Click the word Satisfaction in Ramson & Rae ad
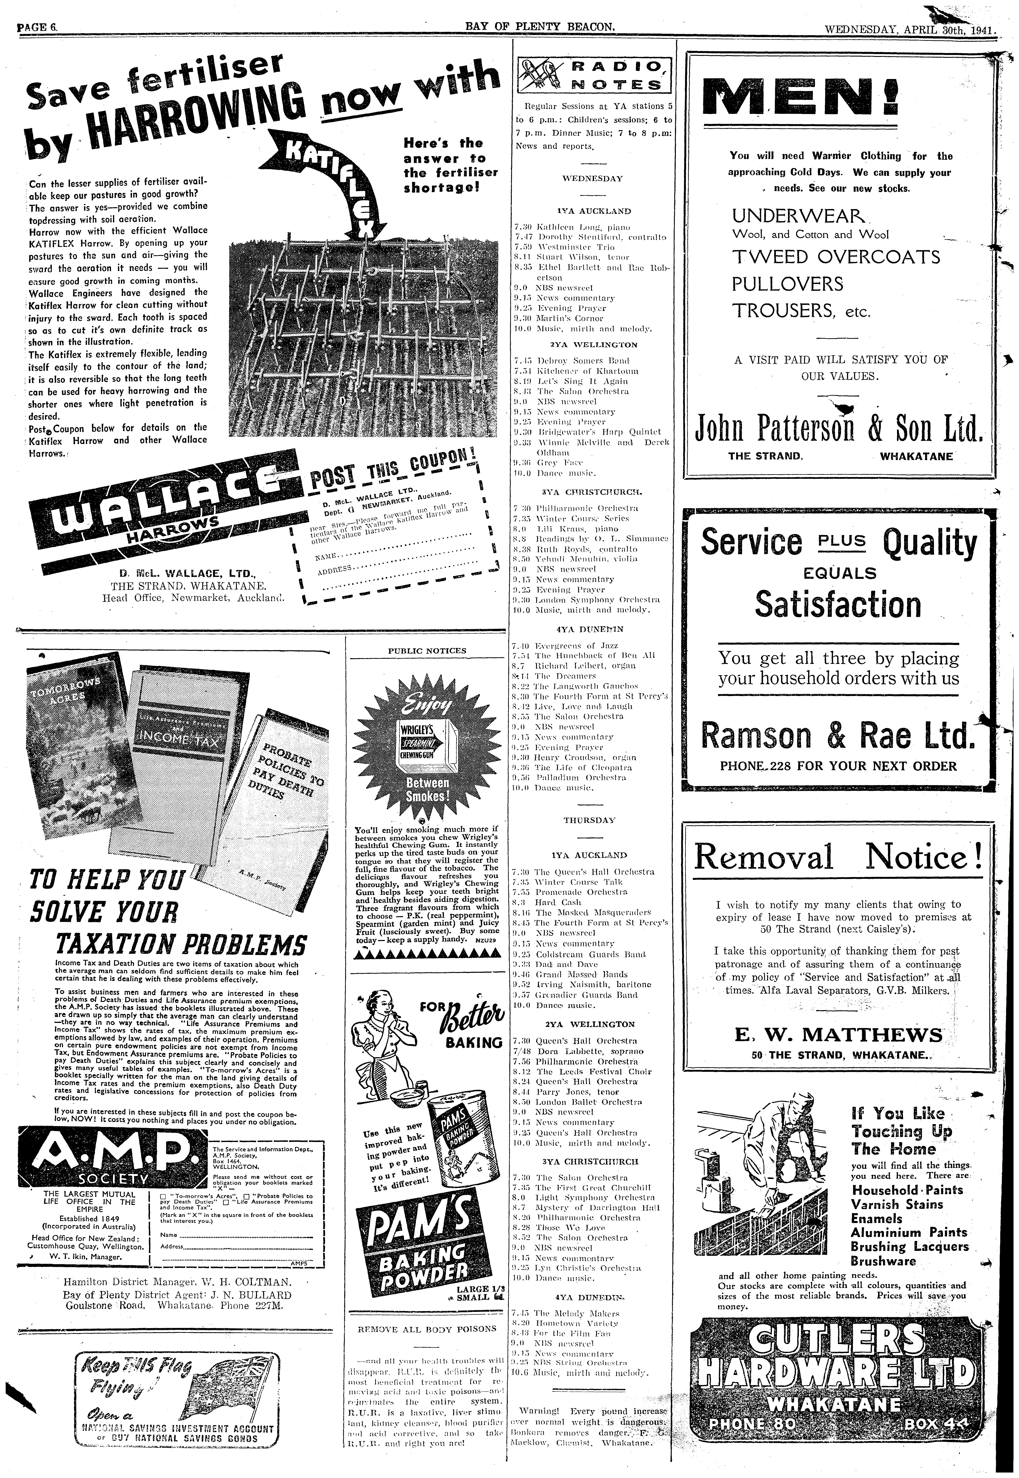pos(838,604)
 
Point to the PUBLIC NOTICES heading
pos(427,651)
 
